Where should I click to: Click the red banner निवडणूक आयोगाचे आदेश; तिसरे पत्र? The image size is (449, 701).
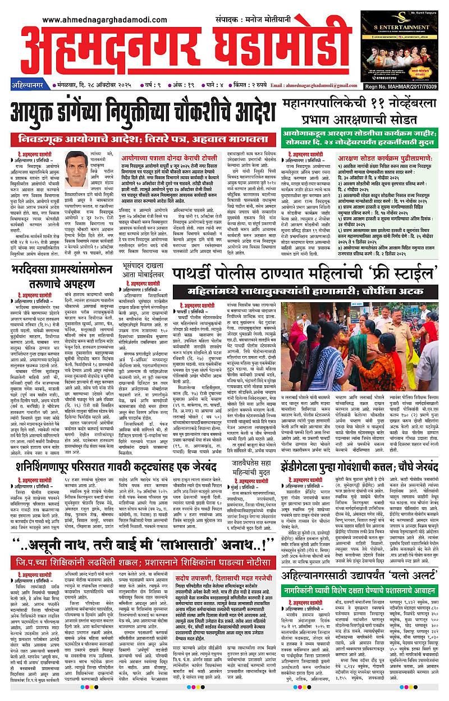pyautogui.click(x=143, y=138)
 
